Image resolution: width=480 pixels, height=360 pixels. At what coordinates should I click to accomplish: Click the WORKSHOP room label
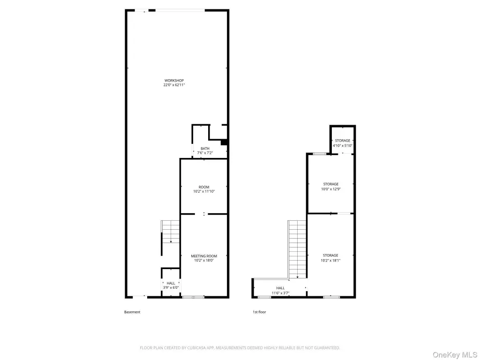pyautogui.click(x=174, y=81)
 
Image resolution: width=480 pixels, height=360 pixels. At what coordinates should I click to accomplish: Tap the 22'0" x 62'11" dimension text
pyautogui.click(x=174, y=85)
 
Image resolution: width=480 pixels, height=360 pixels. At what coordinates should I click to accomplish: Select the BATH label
pyautogui.click(x=205, y=149)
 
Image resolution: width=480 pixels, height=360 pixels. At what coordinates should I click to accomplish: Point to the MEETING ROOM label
pyautogui.click(x=204, y=256)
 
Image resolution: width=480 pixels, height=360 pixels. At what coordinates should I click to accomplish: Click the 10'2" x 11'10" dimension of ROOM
pyautogui.click(x=204, y=191)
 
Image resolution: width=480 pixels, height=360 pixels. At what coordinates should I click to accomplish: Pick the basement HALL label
pyautogui.click(x=171, y=283)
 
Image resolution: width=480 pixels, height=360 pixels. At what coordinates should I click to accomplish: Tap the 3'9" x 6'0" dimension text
pyautogui.click(x=171, y=287)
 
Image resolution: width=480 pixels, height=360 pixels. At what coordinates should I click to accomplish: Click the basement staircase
pyautogui.click(x=171, y=232)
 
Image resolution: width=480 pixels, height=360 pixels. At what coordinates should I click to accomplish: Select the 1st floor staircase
pyautogui.click(x=297, y=249)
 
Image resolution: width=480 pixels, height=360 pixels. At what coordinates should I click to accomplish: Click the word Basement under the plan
pyautogui.click(x=132, y=312)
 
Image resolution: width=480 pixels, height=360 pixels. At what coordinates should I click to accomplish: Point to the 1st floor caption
pyautogui.click(x=259, y=312)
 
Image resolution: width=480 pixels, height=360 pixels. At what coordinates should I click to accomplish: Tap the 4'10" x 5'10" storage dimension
pyautogui.click(x=343, y=145)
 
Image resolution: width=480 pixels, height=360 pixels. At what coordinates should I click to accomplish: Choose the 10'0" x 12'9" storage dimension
pyautogui.click(x=331, y=189)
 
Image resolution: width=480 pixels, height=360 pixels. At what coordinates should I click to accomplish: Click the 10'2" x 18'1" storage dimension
pyautogui.click(x=330, y=260)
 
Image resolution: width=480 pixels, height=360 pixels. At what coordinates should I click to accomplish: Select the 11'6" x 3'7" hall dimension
pyautogui.click(x=280, y=293)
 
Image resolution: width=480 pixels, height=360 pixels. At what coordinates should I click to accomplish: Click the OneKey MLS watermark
pyautogui.click(x=455, y=355)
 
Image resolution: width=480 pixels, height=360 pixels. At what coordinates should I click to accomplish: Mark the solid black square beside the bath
pyautogui.click(x=224, y=142)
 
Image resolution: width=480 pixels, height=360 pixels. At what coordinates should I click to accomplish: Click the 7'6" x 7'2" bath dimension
pyautogui.click(x=205, y=153)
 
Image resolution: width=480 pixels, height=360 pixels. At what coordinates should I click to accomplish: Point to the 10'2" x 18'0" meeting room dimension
pyautogui.click(x=204, y=260)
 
